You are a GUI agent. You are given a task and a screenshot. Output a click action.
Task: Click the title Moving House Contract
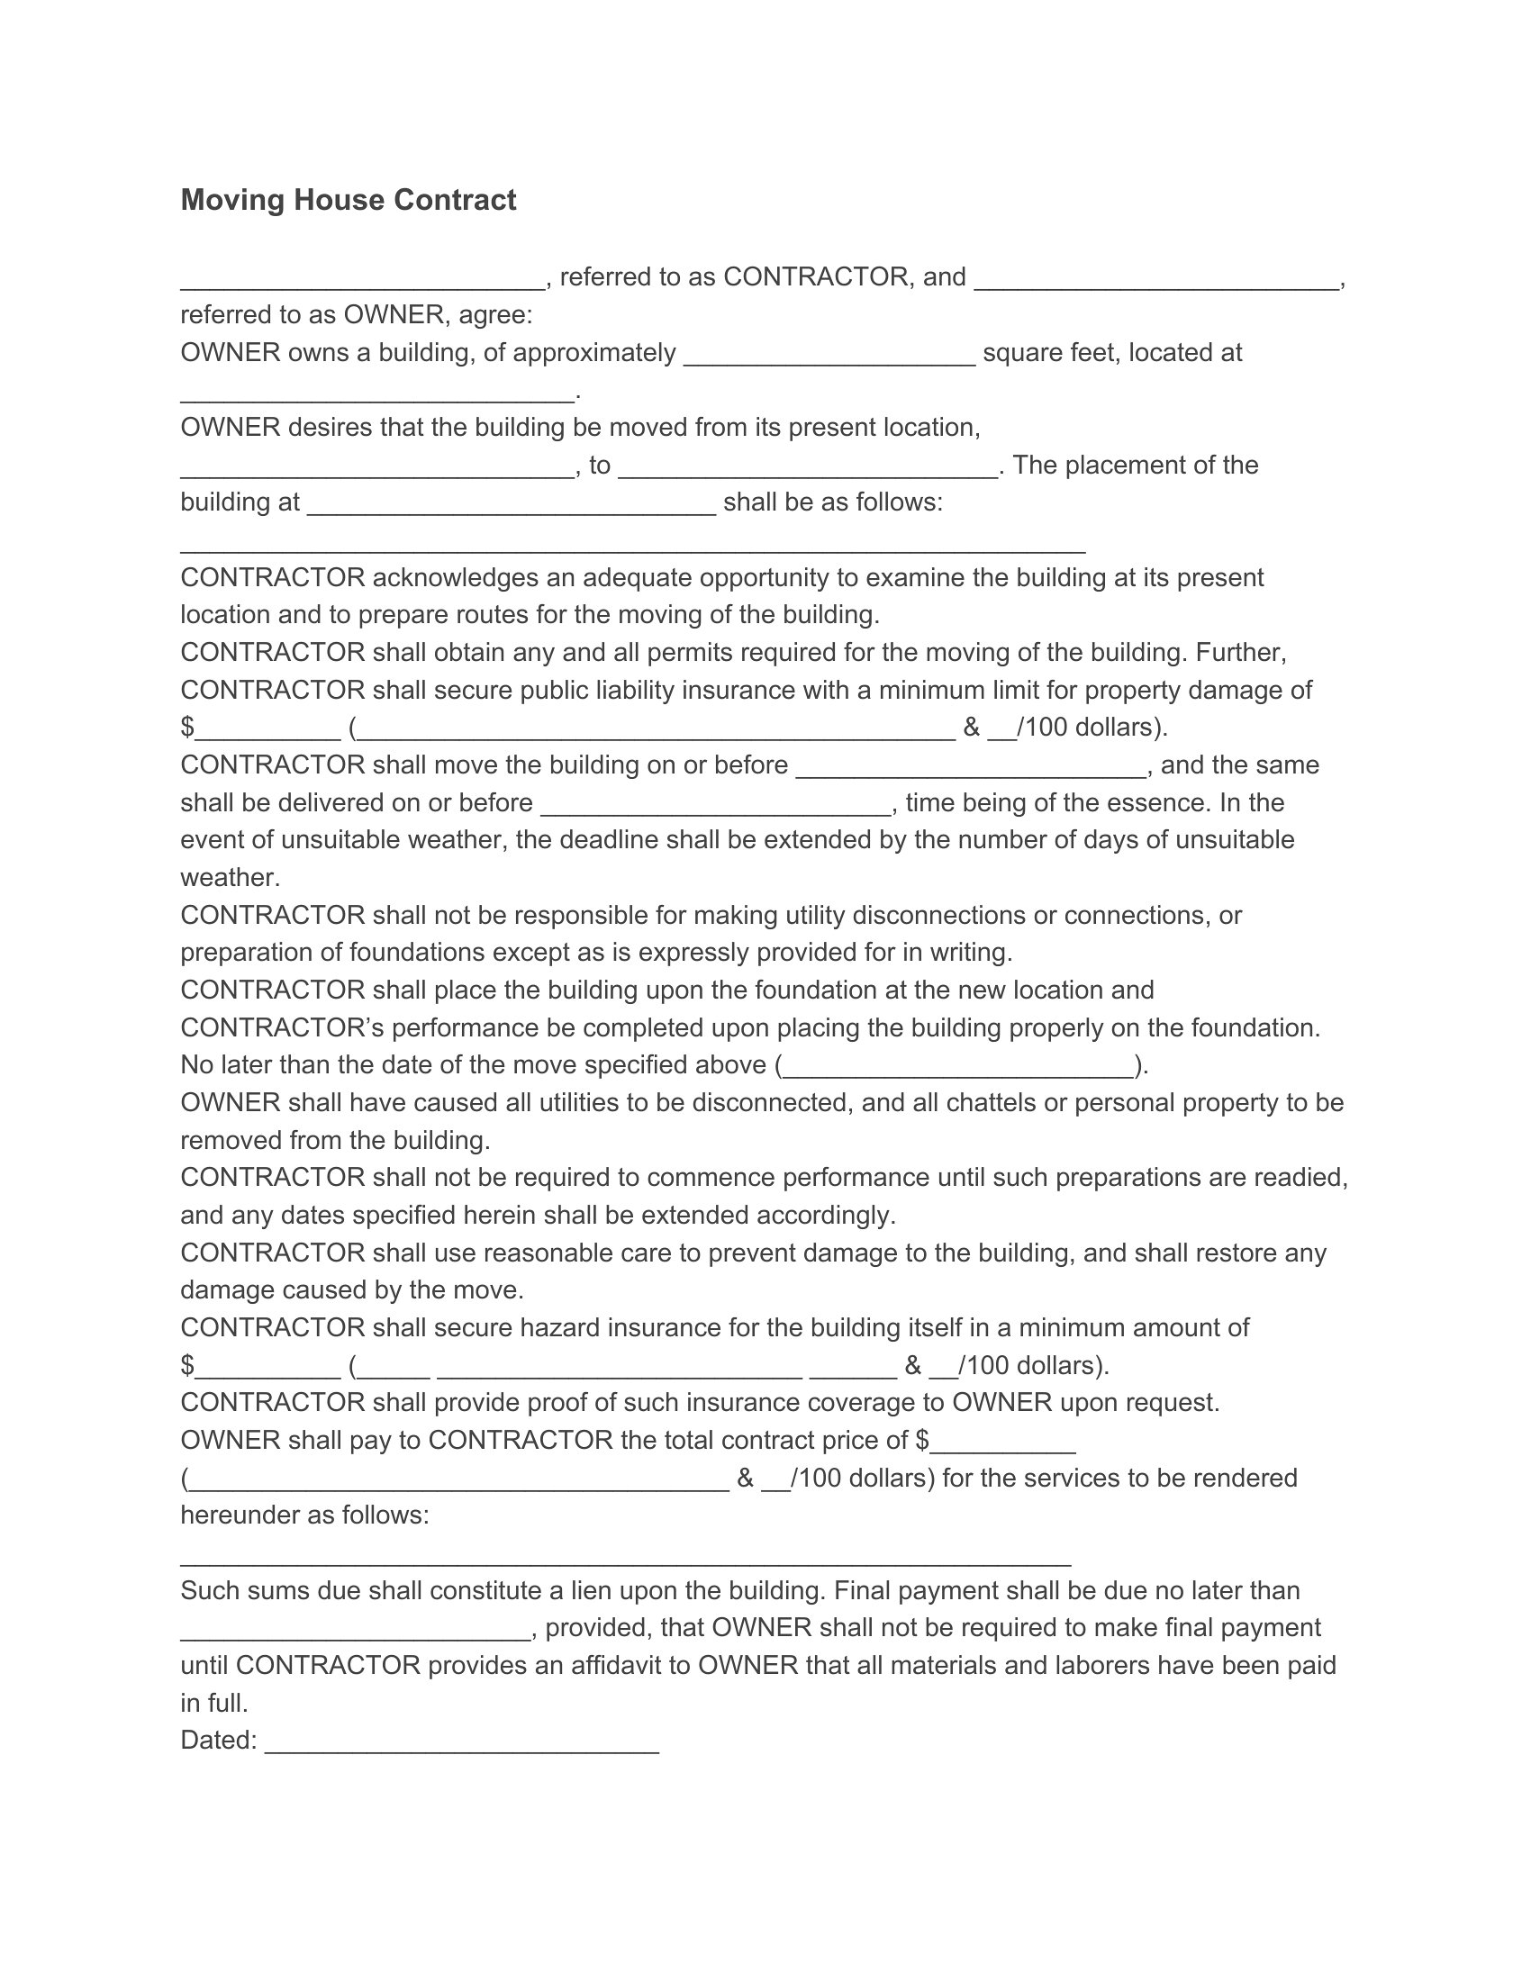pyautogui.click(x=349, y=200)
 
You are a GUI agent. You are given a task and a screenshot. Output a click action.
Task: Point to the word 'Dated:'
pyautogui.click(x=219, y=1740)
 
